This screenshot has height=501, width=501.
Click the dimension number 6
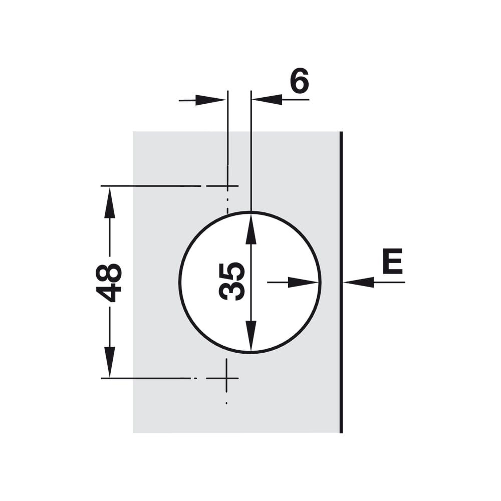(x=300, y=80)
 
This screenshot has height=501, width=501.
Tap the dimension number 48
(x=109, y=282)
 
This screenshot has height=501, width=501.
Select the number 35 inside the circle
(x=231, y=282)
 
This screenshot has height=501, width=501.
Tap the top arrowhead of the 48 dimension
(x=110, y=202)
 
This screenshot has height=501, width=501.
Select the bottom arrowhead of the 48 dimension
(x=110, y=362)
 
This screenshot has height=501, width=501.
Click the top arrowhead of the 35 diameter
(x=251, y=229)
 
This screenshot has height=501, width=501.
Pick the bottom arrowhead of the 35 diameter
(x=251, y=336)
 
